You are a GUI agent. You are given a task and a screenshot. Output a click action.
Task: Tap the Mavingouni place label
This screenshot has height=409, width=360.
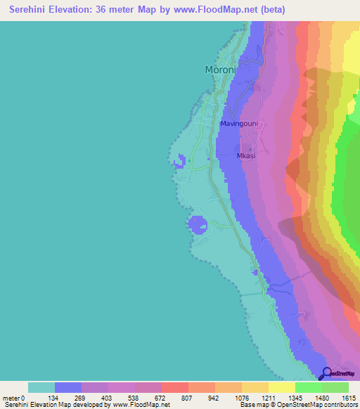239,124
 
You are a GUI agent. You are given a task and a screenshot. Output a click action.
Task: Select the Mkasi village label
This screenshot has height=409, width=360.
245,156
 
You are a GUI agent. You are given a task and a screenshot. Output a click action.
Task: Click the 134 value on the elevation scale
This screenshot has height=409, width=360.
54,398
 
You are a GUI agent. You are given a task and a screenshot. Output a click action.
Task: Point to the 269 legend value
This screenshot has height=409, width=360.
81,398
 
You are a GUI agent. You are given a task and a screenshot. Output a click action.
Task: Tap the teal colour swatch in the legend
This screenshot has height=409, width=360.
41,387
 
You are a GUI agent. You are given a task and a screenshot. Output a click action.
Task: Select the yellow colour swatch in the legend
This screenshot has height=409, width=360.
281,387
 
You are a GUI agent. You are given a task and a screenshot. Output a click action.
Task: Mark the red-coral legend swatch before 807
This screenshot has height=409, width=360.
174,387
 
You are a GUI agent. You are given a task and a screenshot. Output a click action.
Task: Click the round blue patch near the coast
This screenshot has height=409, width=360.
197,225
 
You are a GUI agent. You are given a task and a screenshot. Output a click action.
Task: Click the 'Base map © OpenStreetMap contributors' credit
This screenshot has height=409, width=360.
297,405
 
